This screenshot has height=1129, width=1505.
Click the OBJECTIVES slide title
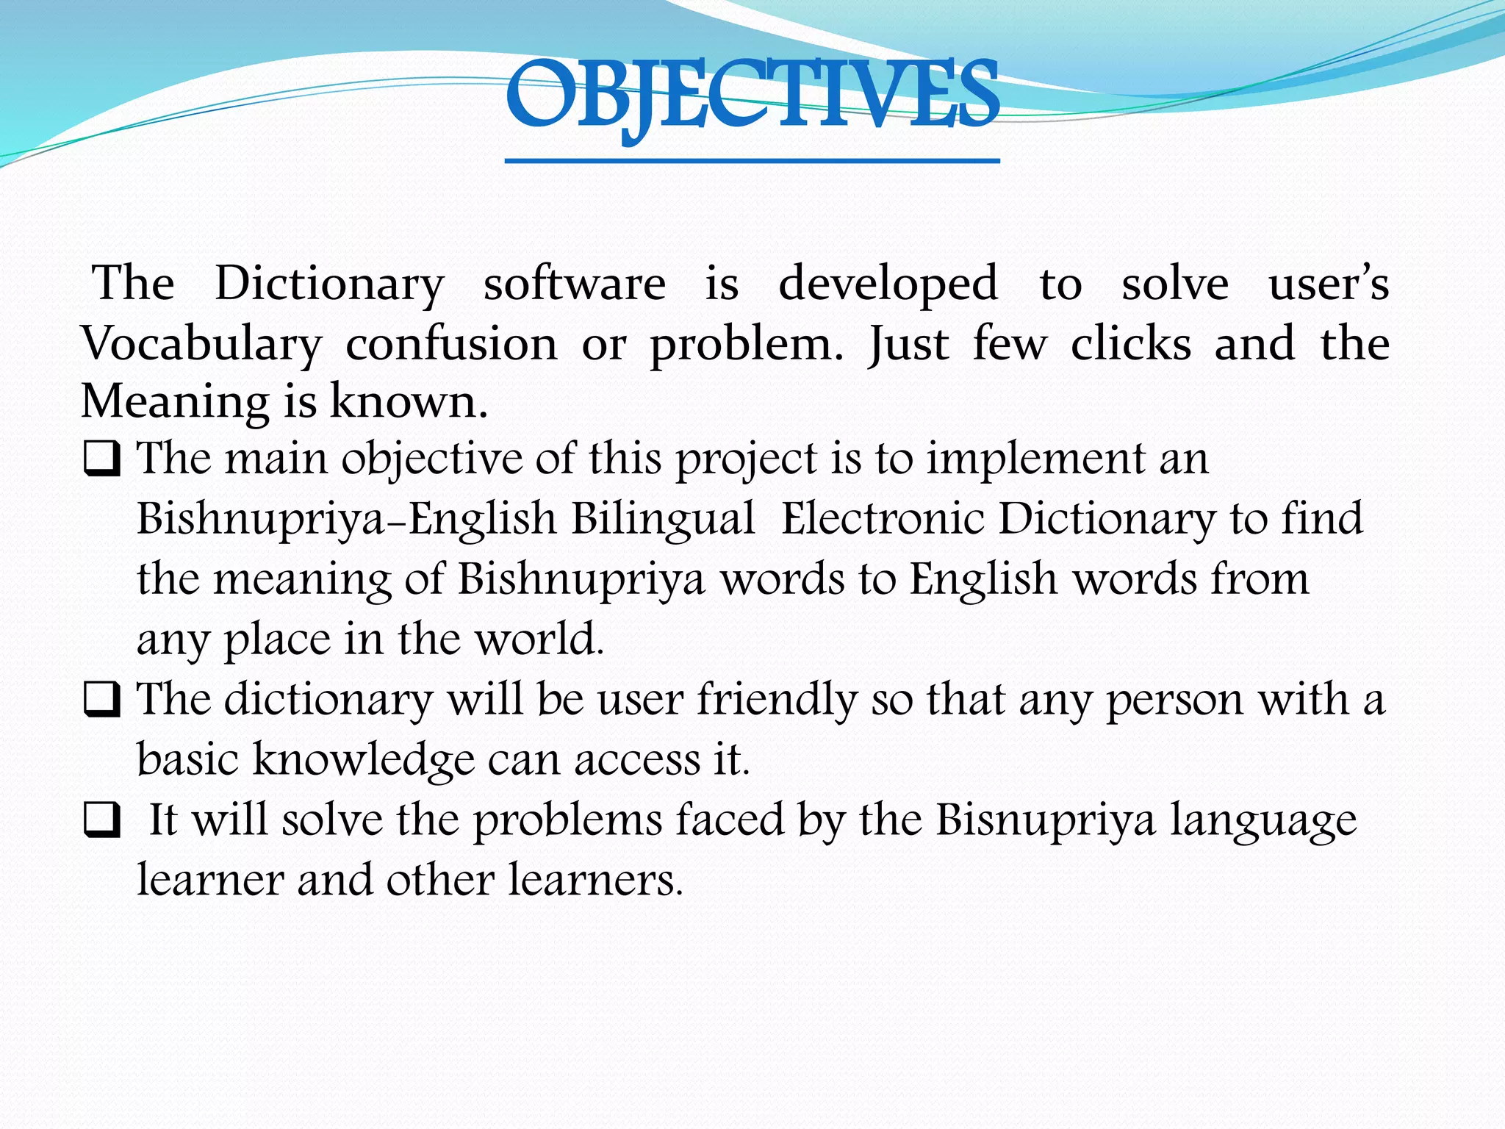[752, 96]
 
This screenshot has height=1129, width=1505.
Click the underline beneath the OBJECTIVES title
[752, 160]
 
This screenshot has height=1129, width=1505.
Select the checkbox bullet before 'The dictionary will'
[102, 701]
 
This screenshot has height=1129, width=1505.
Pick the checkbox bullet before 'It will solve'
[102, 822]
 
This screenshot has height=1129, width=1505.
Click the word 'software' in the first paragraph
[575, 284]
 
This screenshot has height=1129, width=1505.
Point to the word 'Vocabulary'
[201, 344]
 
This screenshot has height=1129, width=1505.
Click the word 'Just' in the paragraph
[909, 344]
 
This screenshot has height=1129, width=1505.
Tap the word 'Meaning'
[175, 403]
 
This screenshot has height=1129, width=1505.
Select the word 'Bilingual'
[664, 519]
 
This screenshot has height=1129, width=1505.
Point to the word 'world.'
[539, 639]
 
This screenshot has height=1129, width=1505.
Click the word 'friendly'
[777, 700]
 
